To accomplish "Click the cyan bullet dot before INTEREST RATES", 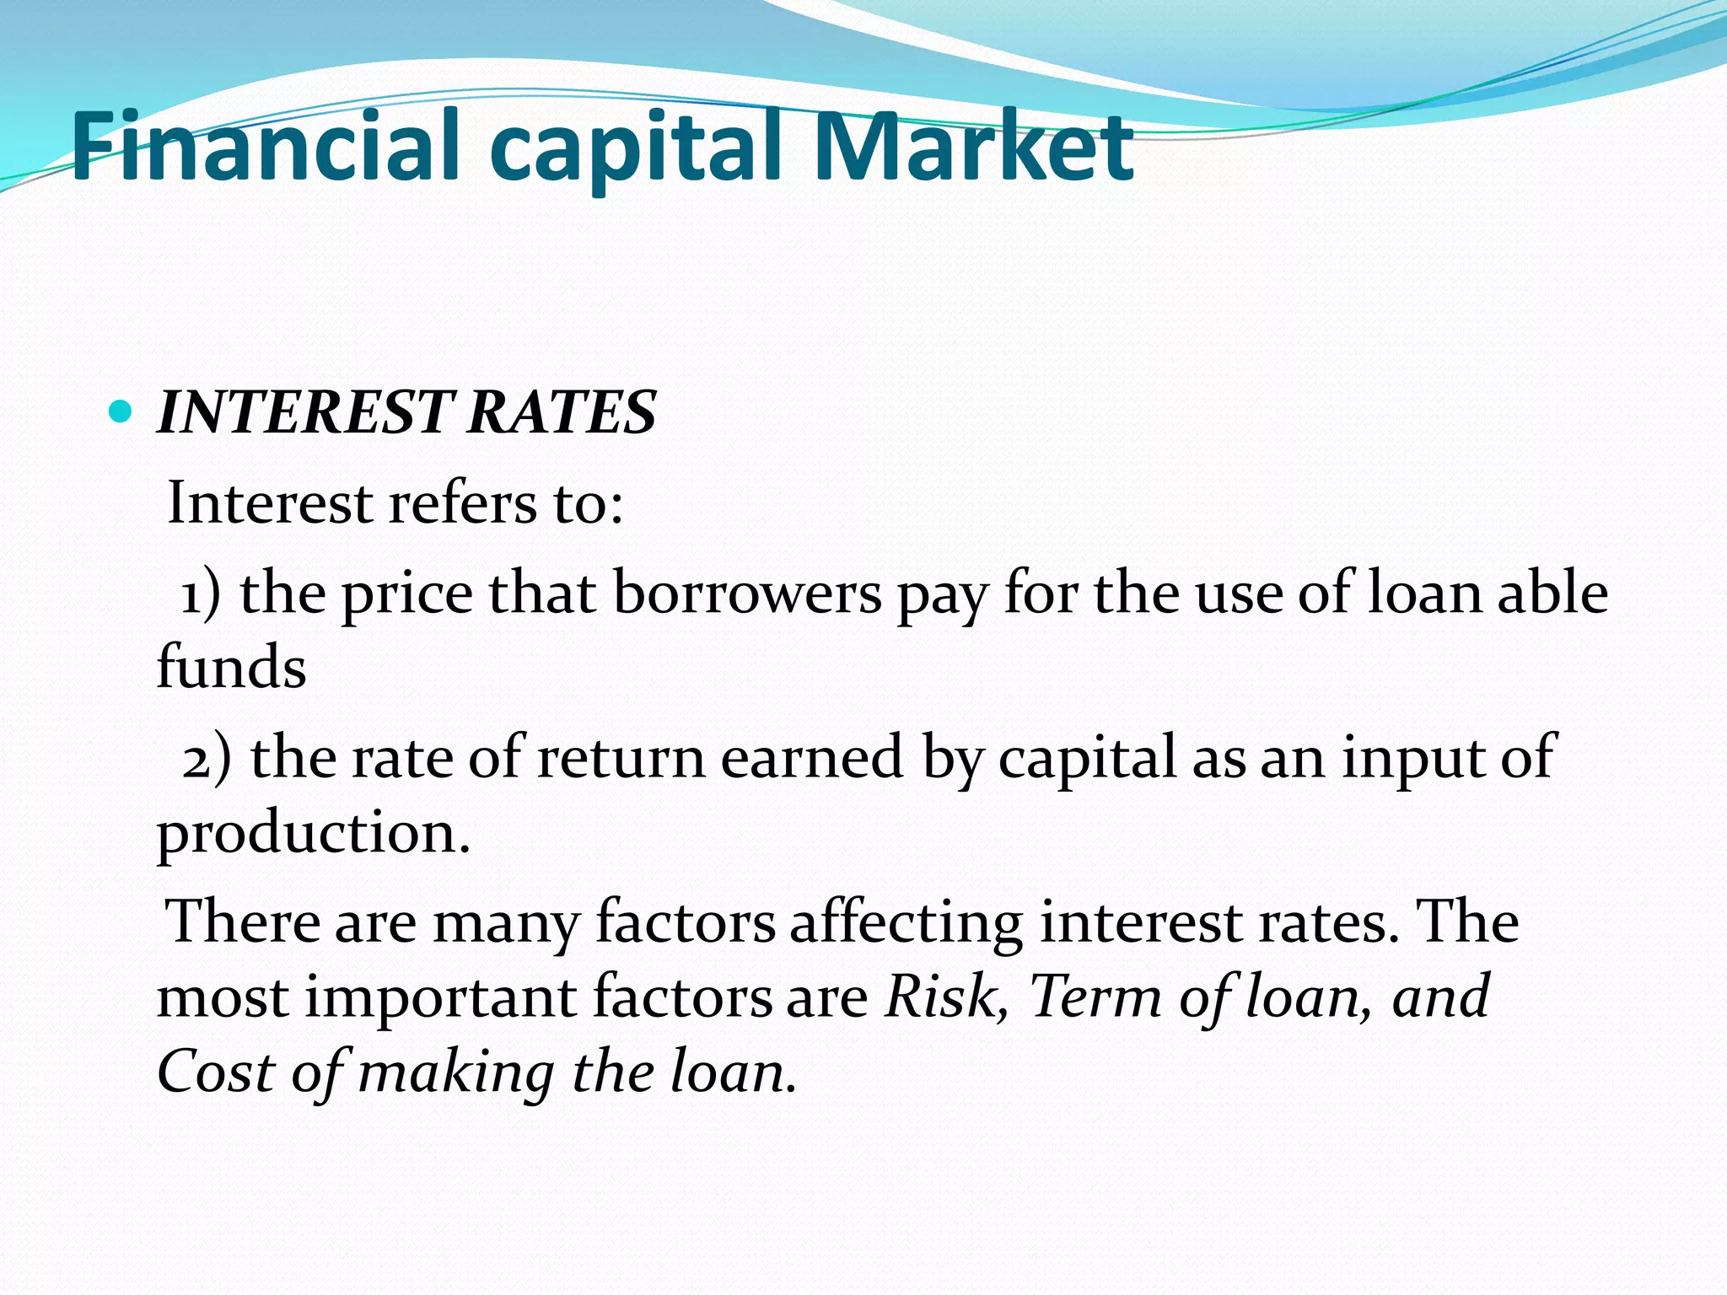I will (x=121, y=412).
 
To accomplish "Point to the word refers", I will (x=462, y=503).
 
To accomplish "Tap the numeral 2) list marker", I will (x=206, y=757).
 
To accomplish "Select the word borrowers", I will (x=747, y=594).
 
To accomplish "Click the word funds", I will (x=231, y=667).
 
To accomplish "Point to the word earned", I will (x=812, y=757).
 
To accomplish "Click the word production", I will (x=313, y=833).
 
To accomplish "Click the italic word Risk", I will (x=945, y=997).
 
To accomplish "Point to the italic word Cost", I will (x=216, y=1072).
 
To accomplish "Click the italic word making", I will (x=456, y=1074).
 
